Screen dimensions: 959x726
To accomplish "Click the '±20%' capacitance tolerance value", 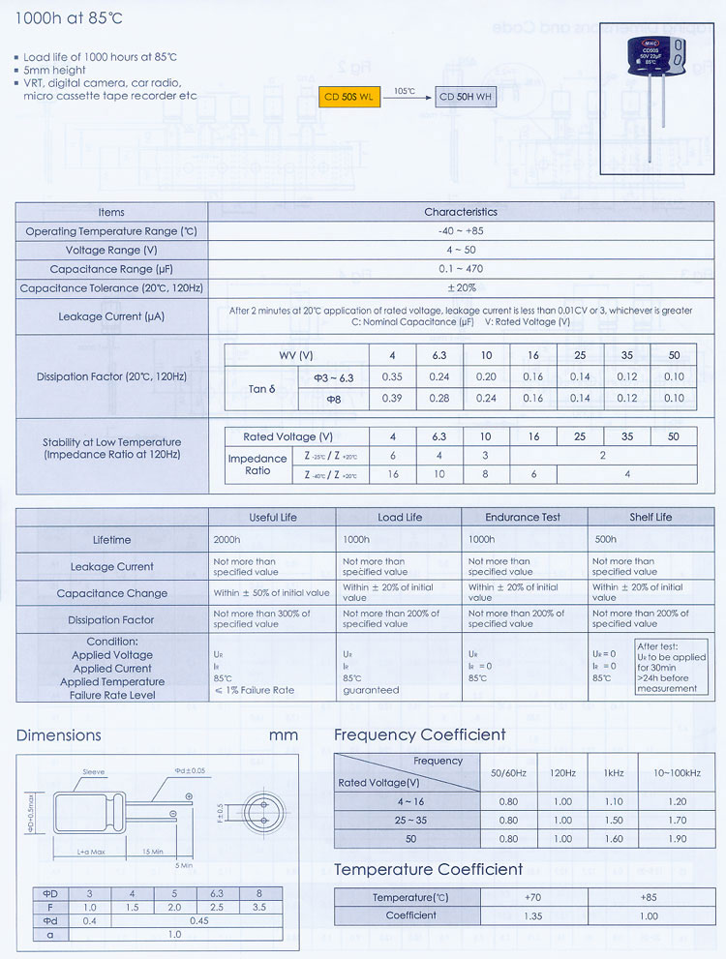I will coord(461,288).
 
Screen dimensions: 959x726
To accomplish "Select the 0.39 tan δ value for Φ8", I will coord(393,398).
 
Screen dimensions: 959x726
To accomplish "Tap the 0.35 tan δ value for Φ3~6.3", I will coord(393,377).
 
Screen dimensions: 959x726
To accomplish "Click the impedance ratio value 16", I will coord(393,474).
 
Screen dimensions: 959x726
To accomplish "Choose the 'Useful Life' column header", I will coord(273,517).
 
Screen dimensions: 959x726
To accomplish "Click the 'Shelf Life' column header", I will coord(650,517).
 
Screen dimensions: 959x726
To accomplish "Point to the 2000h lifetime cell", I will coord(227,540).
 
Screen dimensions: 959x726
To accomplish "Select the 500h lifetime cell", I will coord(605,540).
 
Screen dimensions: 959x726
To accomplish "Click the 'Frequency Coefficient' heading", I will coord(420,735).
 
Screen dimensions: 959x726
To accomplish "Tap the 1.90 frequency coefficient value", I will coord(677,839).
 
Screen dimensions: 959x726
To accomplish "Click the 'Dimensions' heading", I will coord(59,735).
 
